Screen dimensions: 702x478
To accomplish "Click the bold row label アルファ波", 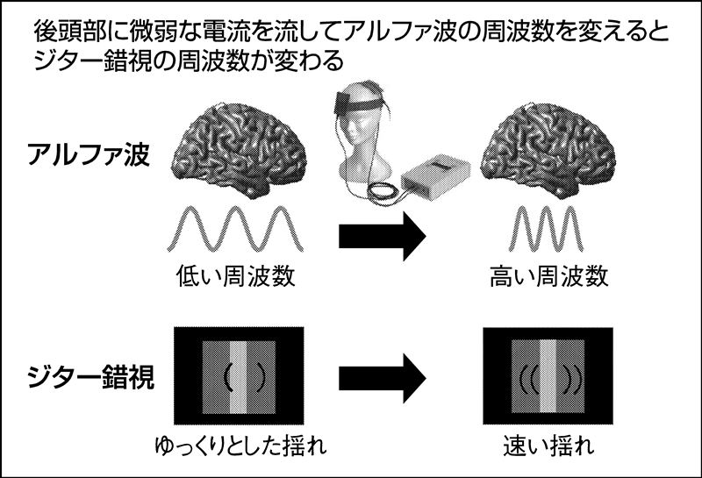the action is click(x=89, y=154).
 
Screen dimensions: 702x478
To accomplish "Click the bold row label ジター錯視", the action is click(x=91, y=377).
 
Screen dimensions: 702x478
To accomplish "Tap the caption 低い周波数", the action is click(x=235, y=275).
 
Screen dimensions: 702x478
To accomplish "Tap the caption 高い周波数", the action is click(x=549, y=275).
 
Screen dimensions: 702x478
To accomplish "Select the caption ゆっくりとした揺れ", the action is click(x=240, y=445).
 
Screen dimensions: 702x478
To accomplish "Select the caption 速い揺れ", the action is click(x=548, y=445).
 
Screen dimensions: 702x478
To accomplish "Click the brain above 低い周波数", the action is click(x=239, y=151).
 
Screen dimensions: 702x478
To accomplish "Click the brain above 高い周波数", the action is click(x=548, y=151).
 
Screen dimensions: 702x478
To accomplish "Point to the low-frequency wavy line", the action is click(x=235, y=228).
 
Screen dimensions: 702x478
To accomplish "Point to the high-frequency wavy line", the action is click(x=546, y=228).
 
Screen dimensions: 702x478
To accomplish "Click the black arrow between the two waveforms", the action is click(x=382, y=236).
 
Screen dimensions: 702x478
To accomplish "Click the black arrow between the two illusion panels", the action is click(x=382, y=378).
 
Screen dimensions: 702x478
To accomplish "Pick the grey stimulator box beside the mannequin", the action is click(x=435, y=178).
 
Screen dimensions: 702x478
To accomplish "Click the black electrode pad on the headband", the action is click(x=342, y=102).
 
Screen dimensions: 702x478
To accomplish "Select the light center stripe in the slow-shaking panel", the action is click(x=238, y=378).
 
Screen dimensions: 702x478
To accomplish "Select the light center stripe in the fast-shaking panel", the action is click(x=548, y=376).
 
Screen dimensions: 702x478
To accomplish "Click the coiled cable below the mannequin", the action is click(x=384, y=194).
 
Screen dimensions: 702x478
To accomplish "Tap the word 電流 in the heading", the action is click(x=227, y=32).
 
